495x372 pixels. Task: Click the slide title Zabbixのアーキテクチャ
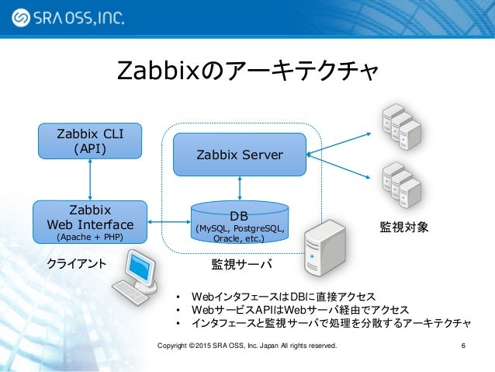pyautogui.click(x=247, y=71)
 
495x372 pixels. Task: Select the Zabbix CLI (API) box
pyautogui.click(x=90, y=140)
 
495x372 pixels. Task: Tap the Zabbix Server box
pyautogui.click(x=239, y=154)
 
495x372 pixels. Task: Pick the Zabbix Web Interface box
pyautogui.click(x=90, y=222)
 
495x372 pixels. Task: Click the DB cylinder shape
pyautogui.click(x=240, y=223)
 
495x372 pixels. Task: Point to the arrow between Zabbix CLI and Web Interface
pyautogui.click(x=91, y=178)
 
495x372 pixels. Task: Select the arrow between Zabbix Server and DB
pyautogui.click(x=240, y=188)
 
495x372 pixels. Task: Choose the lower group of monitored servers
pyautogui.click(x=401, y=183)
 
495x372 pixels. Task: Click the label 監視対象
pyautogui.click(x=403, y=228)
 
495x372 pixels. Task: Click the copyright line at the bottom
pyautogui.click(x=247, y=345)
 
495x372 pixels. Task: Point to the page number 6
pyautogui.click(x=463, y=345)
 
